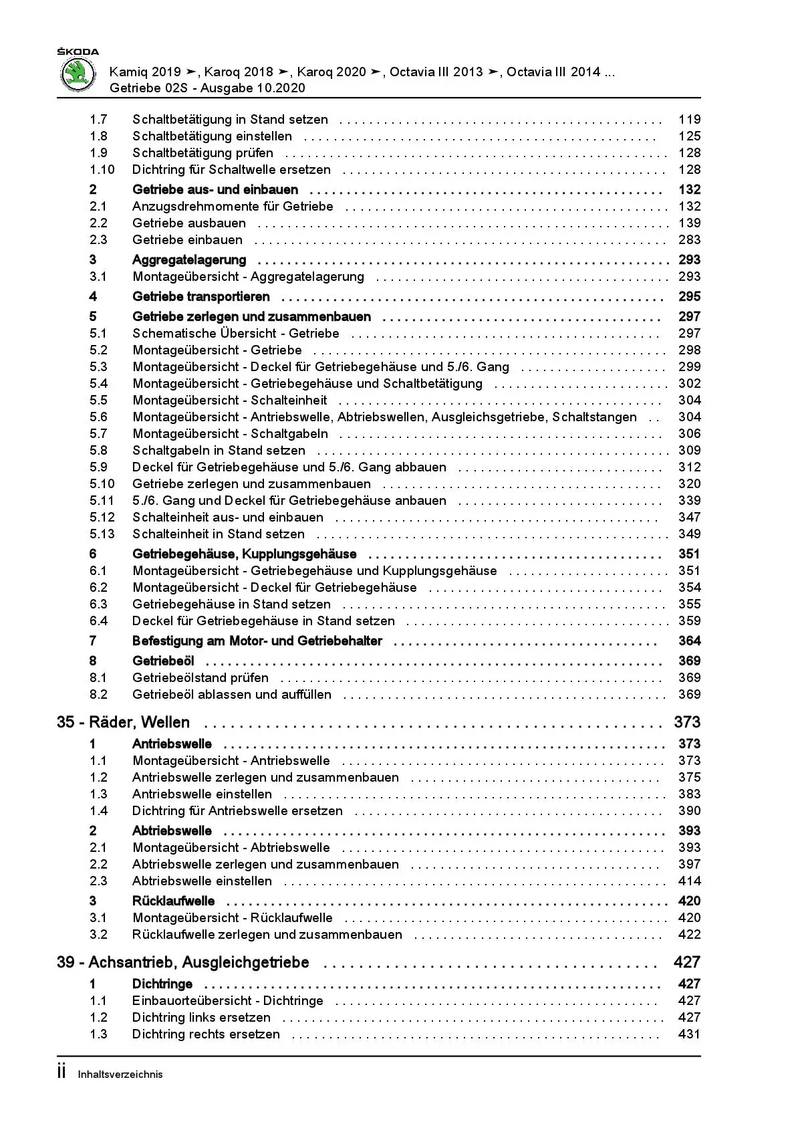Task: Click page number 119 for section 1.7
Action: coord(689,120)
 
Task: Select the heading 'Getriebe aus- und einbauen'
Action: coord(215,190)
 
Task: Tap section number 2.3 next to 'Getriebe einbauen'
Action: coord(98,240)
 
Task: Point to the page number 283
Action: coord(689,240)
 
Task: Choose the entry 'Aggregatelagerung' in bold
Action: coord(189,260)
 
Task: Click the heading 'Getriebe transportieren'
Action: coord(201,297)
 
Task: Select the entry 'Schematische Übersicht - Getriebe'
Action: coord(236,334)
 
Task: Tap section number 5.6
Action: coord(98,417)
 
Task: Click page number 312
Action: coord(689,467)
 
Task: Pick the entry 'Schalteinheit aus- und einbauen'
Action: coord(228,518)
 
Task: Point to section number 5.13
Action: coord(102,534)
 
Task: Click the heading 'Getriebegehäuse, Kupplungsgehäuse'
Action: coord(245,554)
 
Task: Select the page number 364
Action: coord(689,641)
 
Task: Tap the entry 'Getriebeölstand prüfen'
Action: coord(201,678)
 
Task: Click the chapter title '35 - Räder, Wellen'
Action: coord(124,723)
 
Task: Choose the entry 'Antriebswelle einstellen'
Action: coord(202,794)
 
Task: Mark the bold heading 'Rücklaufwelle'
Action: coord(173,901)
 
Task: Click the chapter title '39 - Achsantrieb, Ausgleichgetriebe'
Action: coord(183,963)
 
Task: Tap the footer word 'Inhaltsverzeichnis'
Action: coord(120,1075)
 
